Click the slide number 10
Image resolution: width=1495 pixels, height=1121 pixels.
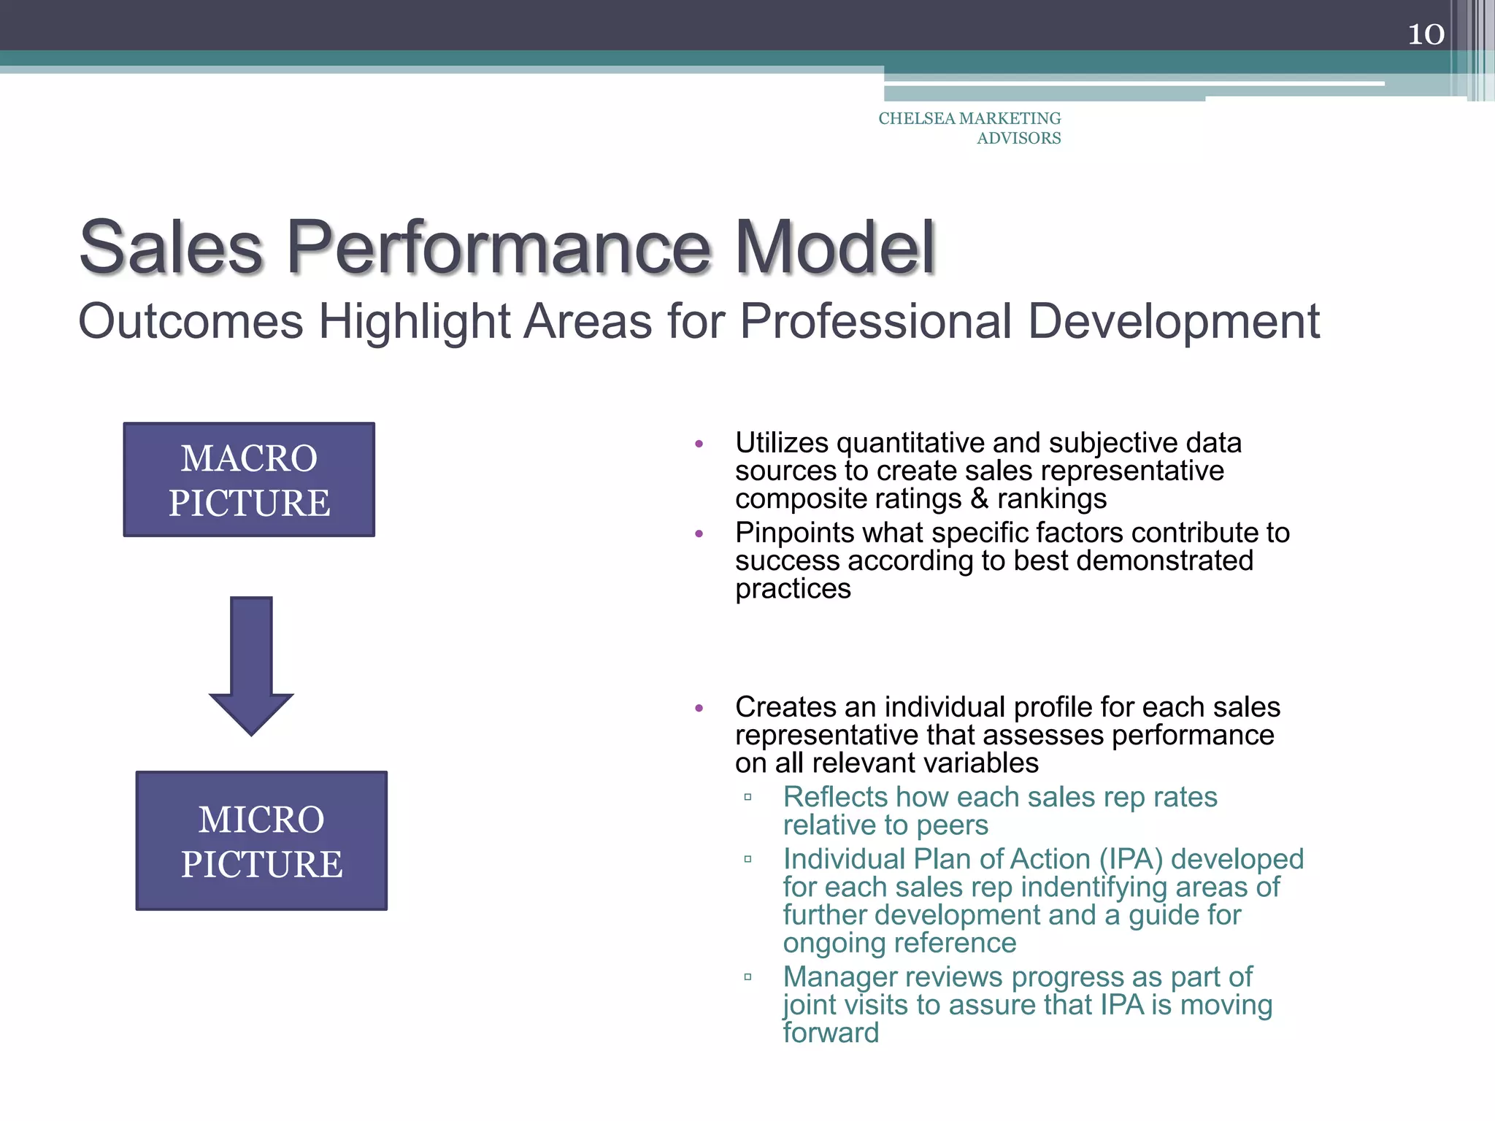[1426, 34]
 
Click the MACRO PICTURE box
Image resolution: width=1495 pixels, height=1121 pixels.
[249, 480]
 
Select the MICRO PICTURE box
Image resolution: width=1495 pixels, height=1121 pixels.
[261, 841]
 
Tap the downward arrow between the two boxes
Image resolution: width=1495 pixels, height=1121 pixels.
[251, 665]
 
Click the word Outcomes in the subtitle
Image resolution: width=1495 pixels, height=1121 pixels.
[191, 321]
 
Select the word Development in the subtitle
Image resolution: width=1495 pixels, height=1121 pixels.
[1174, 321]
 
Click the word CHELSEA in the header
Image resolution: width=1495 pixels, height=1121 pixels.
[917, 118]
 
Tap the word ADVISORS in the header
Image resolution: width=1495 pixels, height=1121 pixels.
[1018, 138]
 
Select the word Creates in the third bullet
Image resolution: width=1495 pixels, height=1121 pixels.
[785, 707]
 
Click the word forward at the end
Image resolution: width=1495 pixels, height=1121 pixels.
[831, 1033]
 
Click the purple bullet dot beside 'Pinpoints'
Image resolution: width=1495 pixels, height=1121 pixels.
[699, 534]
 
